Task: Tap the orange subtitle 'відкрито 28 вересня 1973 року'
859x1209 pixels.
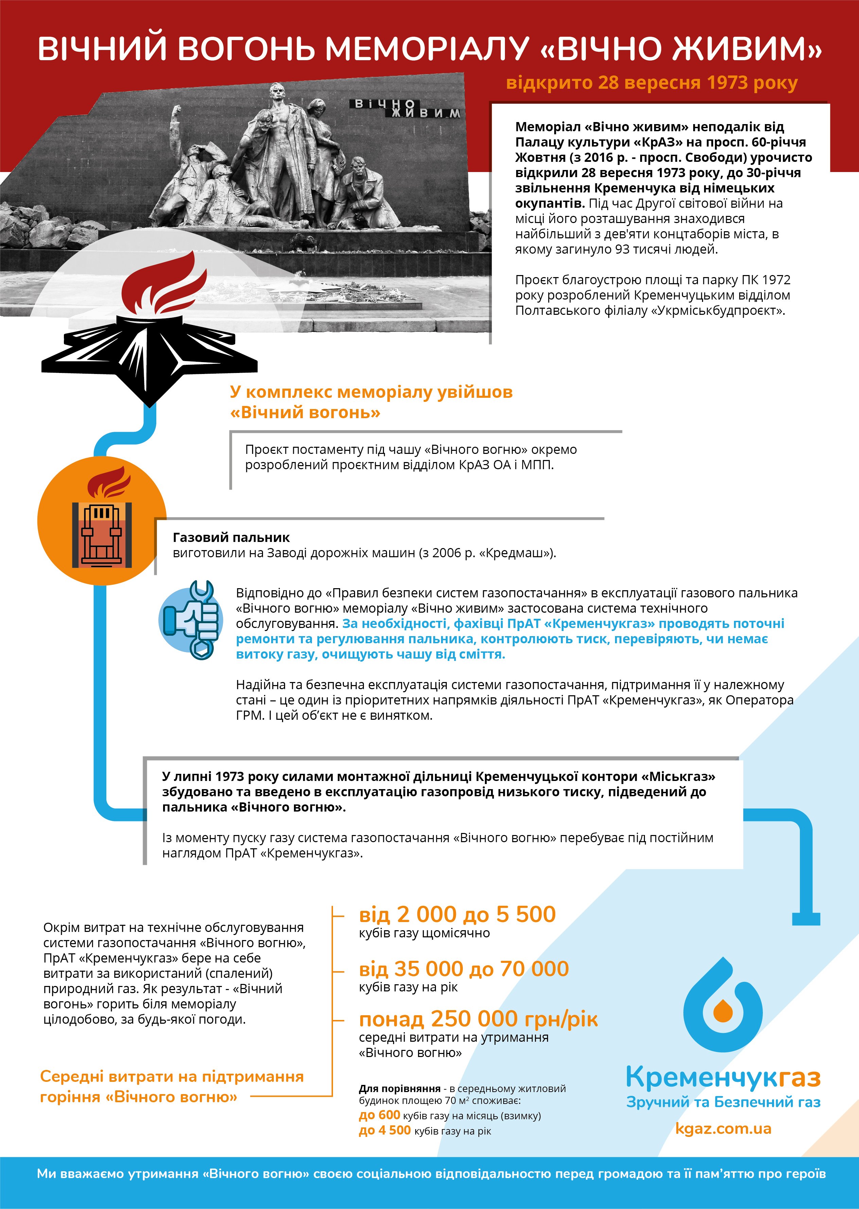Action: [x=652, y=83]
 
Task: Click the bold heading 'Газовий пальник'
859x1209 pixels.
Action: [x=231, y=538]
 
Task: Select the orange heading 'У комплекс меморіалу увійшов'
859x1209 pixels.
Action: [x=371, y=392]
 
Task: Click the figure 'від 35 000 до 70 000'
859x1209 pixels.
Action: [x=463, y=969]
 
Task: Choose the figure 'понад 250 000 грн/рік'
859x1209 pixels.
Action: [x=478, y=1019]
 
